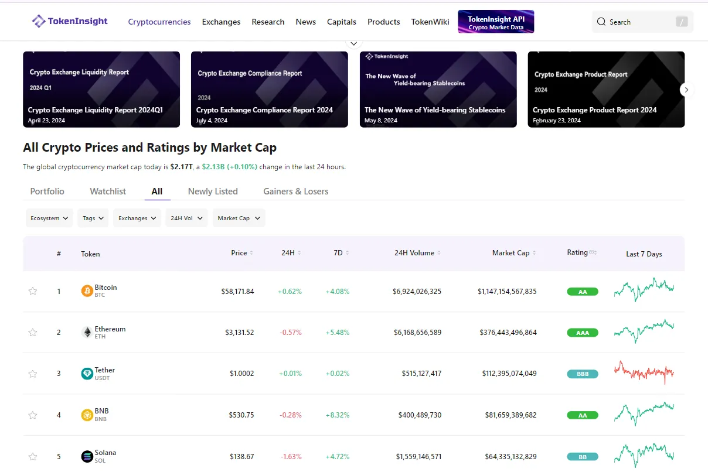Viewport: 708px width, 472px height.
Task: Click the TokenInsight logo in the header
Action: pos(70,22)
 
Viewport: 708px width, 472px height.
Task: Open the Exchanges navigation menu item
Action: pos(221,22)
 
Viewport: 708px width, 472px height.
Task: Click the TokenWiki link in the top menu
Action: pos(430,22)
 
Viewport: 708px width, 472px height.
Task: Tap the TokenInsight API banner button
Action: pos(496,22)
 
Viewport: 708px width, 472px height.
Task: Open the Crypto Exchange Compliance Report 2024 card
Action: pos(269,89)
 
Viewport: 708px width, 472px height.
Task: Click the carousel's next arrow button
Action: pos(686,90)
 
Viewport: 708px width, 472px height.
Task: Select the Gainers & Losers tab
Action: pos(295,191)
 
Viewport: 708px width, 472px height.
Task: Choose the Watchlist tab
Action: pos(108,191)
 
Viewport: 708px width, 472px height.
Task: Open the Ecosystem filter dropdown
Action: pos(49,218)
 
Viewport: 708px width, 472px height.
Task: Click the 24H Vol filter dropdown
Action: pos(186,218)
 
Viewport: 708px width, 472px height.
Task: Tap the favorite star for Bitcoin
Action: pos(33,291)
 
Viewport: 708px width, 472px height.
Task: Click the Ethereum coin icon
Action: pos(87,332)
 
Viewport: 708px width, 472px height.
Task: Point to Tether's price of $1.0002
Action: pos(241,374)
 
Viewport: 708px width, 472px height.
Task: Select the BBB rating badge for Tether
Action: pos(582,374)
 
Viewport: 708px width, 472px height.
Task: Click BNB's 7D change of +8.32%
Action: pos(337,415)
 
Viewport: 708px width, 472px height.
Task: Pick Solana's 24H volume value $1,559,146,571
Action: pos(418,456)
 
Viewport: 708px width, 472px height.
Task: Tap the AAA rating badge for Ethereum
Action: pos(582,333)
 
